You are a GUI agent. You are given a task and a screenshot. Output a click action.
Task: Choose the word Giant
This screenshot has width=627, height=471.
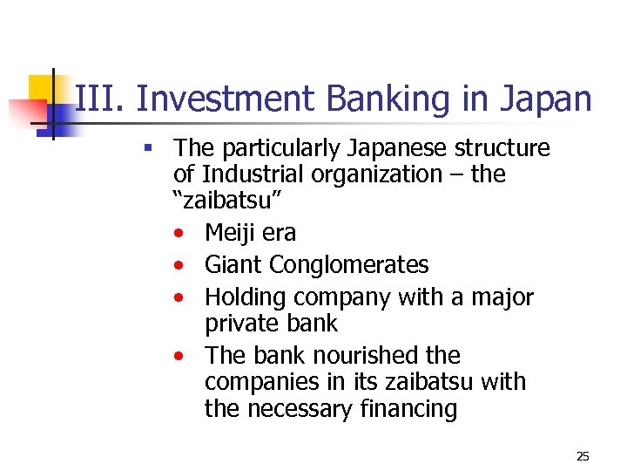coord(233,264)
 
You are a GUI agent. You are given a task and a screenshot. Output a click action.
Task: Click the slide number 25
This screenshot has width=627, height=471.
coord(583,456)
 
